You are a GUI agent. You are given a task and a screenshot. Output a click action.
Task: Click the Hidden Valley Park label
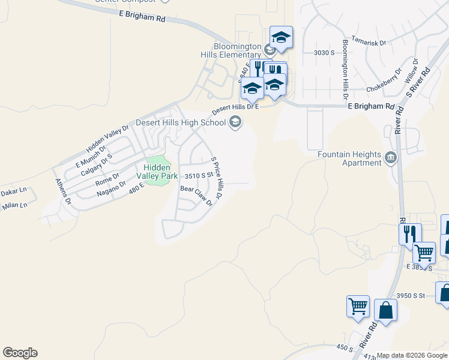point(157,171)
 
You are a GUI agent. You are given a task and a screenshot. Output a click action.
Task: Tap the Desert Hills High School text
point(180,122)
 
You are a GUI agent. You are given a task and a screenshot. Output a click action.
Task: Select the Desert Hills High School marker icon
point(235,123)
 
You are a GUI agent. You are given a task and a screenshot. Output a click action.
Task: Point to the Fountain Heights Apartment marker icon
point(391,158)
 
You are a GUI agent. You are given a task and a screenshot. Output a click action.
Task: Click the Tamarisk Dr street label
point(369,43)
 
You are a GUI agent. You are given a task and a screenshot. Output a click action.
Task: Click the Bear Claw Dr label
point(197,196)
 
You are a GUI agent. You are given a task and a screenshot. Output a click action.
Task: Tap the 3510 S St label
point(199,176)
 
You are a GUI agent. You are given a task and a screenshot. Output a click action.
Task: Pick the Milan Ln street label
point(14,205)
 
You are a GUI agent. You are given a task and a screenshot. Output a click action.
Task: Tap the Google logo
point(20,353)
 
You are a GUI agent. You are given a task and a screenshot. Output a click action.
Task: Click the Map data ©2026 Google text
point(412,355)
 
